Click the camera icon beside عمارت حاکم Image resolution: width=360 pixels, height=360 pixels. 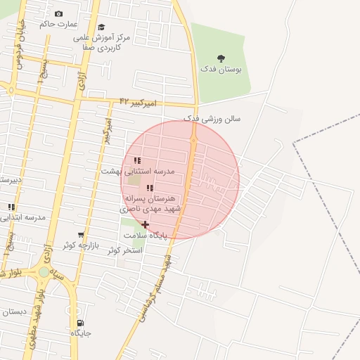point(58,14)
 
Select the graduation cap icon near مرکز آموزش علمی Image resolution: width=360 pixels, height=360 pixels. point(101,27)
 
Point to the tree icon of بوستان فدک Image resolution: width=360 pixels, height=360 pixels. point(221,59)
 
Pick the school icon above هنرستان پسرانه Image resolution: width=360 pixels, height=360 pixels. point(150,188)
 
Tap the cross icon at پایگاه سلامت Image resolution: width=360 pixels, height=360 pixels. point(146,225)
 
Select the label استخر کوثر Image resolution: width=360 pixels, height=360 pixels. point(127,250)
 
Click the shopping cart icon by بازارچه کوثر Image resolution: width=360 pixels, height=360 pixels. point(81,235)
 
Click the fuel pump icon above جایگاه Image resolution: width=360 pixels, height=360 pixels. point(80,323)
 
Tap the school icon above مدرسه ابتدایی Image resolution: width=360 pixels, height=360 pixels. point(11,207)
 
